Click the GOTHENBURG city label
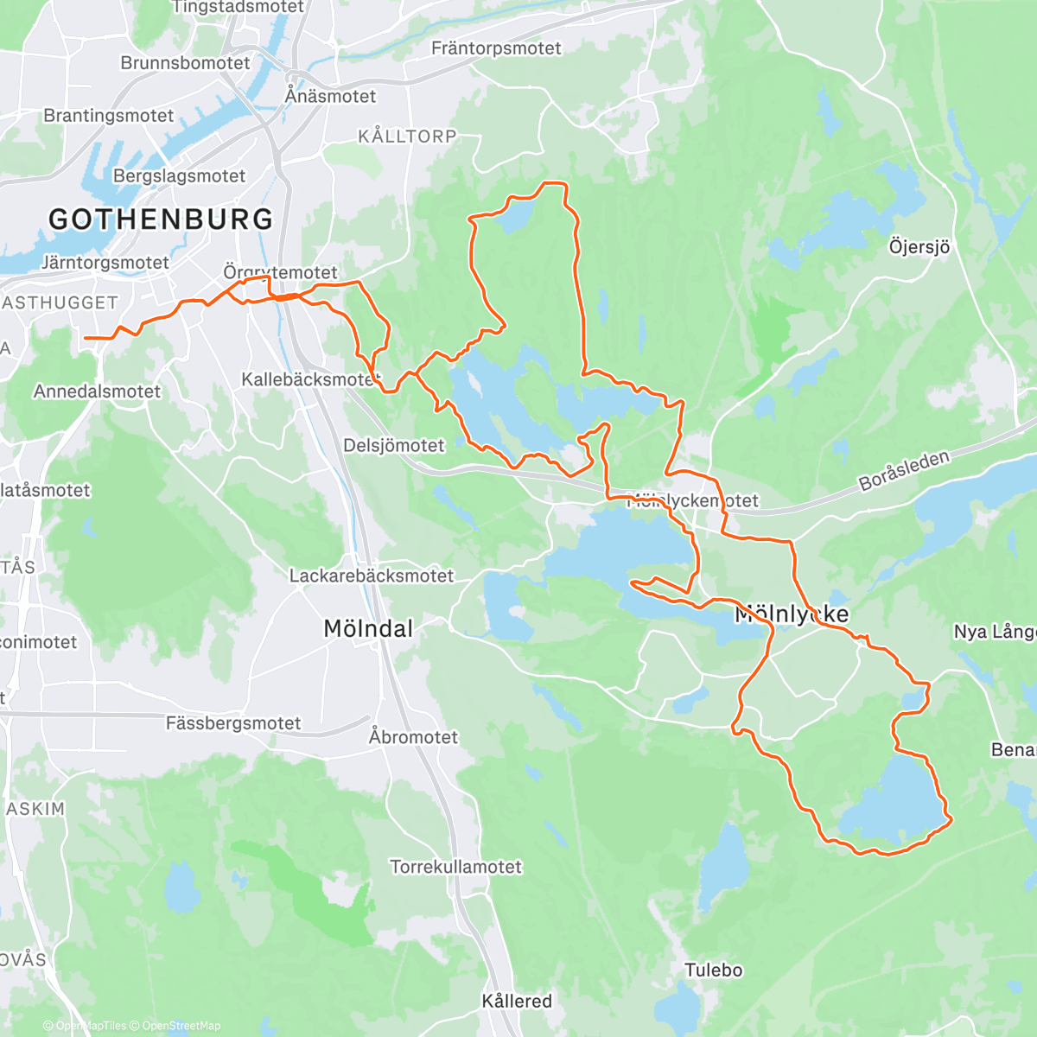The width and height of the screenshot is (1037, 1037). click(161, 219)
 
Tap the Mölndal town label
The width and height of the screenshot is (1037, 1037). click(368, 629)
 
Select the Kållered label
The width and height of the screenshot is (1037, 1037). click(517, 1001)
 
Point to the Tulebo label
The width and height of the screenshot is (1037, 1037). click(714, 970)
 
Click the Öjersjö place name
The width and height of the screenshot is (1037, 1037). click(919, 247)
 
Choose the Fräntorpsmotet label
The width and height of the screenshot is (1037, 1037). click(496, 48)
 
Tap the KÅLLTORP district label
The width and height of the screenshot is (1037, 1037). click(407, 137)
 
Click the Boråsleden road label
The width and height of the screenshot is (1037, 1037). click(904, 471)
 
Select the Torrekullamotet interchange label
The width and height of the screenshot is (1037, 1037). click(456, 867)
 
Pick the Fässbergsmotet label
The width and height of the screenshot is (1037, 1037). click(233, 723)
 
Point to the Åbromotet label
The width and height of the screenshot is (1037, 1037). click(413, 737)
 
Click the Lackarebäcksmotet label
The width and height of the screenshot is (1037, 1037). click(372, 576)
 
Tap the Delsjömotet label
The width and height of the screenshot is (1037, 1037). click(394, 446)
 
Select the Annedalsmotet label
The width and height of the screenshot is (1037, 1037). click(97, 391)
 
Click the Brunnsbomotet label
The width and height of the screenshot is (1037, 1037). click(185, 63)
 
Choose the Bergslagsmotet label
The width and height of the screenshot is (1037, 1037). click(180, 176)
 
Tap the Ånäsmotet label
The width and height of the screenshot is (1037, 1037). click(331, 96)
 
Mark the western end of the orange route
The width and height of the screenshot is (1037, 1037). click(86, 338)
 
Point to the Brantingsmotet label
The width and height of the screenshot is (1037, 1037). click(109, 116)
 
